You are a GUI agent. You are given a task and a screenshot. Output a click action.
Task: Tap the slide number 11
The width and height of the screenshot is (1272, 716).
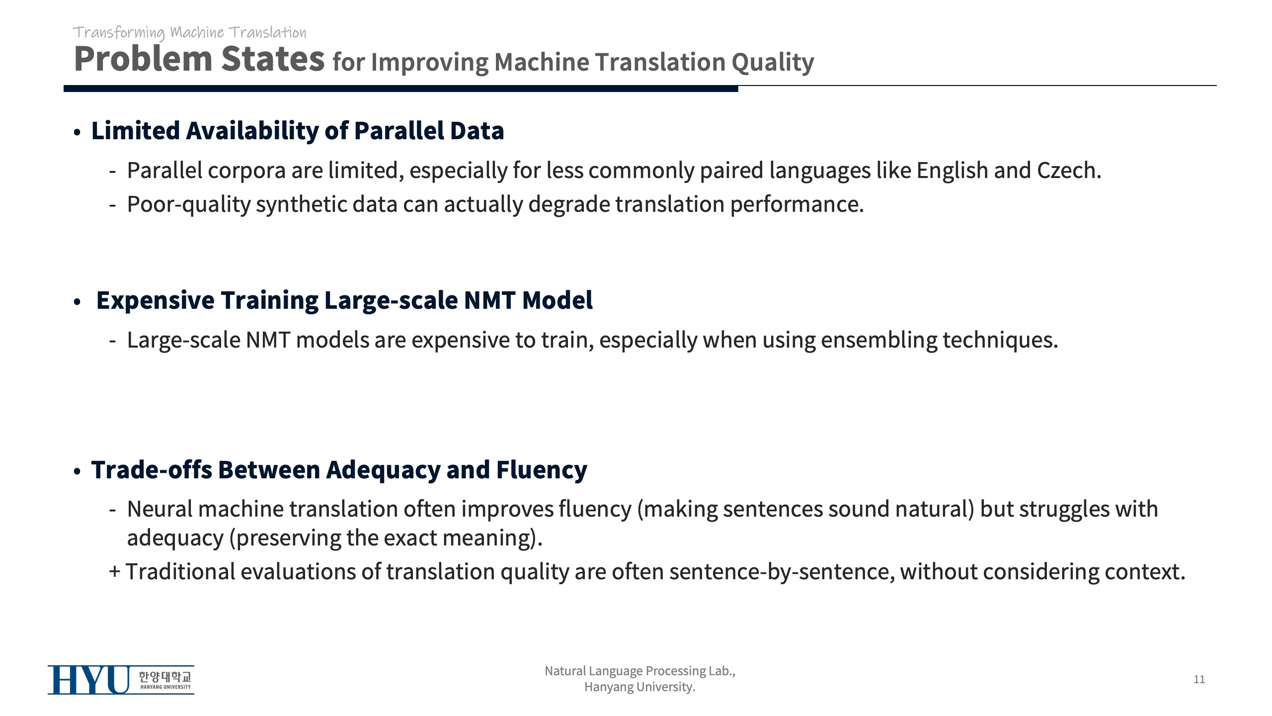click(x=1199, y=679)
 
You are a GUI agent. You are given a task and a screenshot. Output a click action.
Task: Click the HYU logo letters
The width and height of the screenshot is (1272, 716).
click(x=88, y=680)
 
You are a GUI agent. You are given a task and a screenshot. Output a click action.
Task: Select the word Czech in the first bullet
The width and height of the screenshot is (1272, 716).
click(x=1069, y=170)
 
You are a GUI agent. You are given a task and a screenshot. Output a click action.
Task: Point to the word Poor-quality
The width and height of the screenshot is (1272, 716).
click(x=189, y=204)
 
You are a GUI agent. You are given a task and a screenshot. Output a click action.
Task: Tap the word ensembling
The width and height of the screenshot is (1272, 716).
click(x=879, y=341)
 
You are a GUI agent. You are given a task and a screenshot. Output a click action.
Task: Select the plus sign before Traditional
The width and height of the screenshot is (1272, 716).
click(x=115, y=572)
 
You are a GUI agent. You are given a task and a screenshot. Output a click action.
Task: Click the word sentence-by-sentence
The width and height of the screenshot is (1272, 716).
click(x=782, y=572)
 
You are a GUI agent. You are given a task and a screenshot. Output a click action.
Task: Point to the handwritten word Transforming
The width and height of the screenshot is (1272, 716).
click(x=119, y=33)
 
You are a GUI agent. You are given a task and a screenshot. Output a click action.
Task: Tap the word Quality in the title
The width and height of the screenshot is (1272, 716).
click(x=773, y=63)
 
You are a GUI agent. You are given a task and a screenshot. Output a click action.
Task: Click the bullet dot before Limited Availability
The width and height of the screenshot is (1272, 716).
click(x=77, y=133)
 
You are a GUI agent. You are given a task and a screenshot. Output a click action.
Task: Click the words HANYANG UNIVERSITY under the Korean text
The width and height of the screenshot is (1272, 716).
click(x=165, y=687)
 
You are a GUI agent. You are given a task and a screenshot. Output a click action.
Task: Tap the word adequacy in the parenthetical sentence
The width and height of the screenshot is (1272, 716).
click(x=175, y=538)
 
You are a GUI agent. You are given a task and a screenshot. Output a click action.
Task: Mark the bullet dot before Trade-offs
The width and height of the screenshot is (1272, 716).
click(x=77, y=471)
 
